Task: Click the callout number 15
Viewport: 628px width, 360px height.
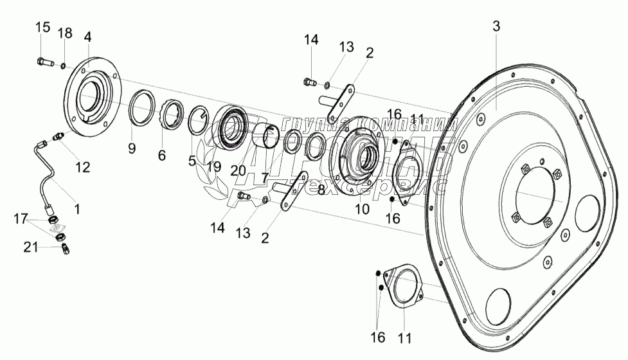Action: pyautogui.click(x=42, y=27)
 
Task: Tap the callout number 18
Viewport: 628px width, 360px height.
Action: pyautogui.click(x=65, y=33)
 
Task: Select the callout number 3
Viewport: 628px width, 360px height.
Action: pyautogui.click(x=496, y=26)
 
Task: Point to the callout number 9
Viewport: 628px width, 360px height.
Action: pyautogui.click(x=131, y=148)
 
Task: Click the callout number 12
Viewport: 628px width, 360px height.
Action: pyautogui.click(x=82, y=166)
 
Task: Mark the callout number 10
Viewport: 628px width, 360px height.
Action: pyautogui.click(x=363, y=209)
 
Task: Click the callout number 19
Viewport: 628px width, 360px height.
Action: pyautogui.click(x=214, y=167)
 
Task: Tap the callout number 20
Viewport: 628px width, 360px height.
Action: pyautogui.click(x=237, y=170)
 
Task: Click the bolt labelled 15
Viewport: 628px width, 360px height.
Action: pyautogui.click(x=42, y=63)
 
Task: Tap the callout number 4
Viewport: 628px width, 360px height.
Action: pyautogui.click(x=88, y=35)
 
